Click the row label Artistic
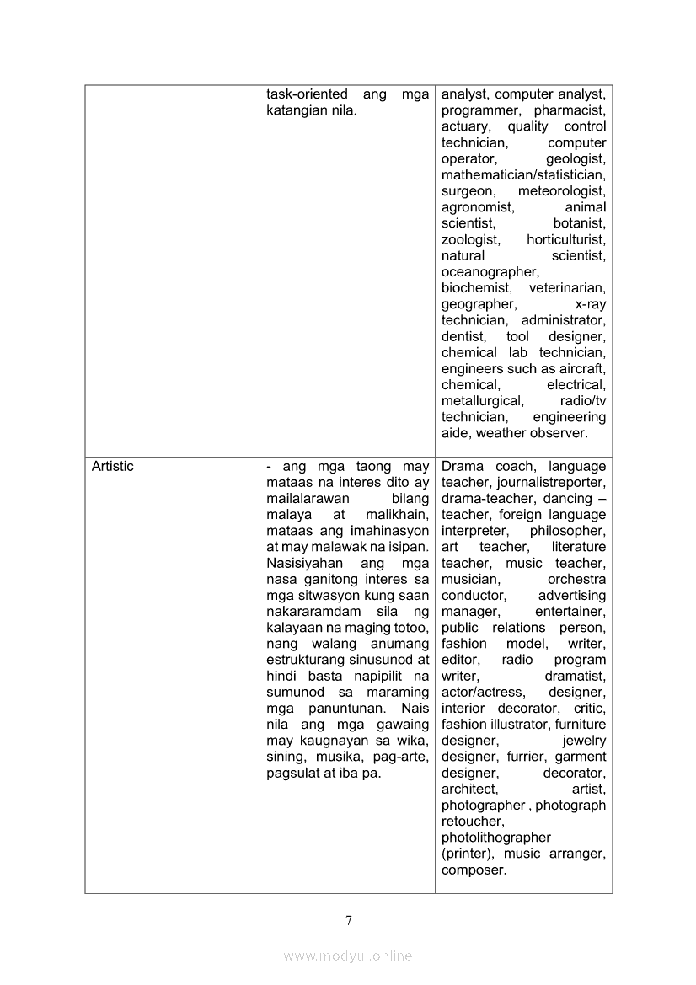tap(112, 466)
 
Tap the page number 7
tap(348, 920)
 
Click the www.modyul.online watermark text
tap(348, 956)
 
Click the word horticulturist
tap(565, 239)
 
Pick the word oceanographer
tap(490, 271)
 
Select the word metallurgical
tap(482, 401)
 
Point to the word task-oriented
tap(305, 94)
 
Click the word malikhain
tap(398, 515)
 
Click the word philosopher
tap(567, 531)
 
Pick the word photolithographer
tap(495, 838)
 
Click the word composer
tap(474, 870)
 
